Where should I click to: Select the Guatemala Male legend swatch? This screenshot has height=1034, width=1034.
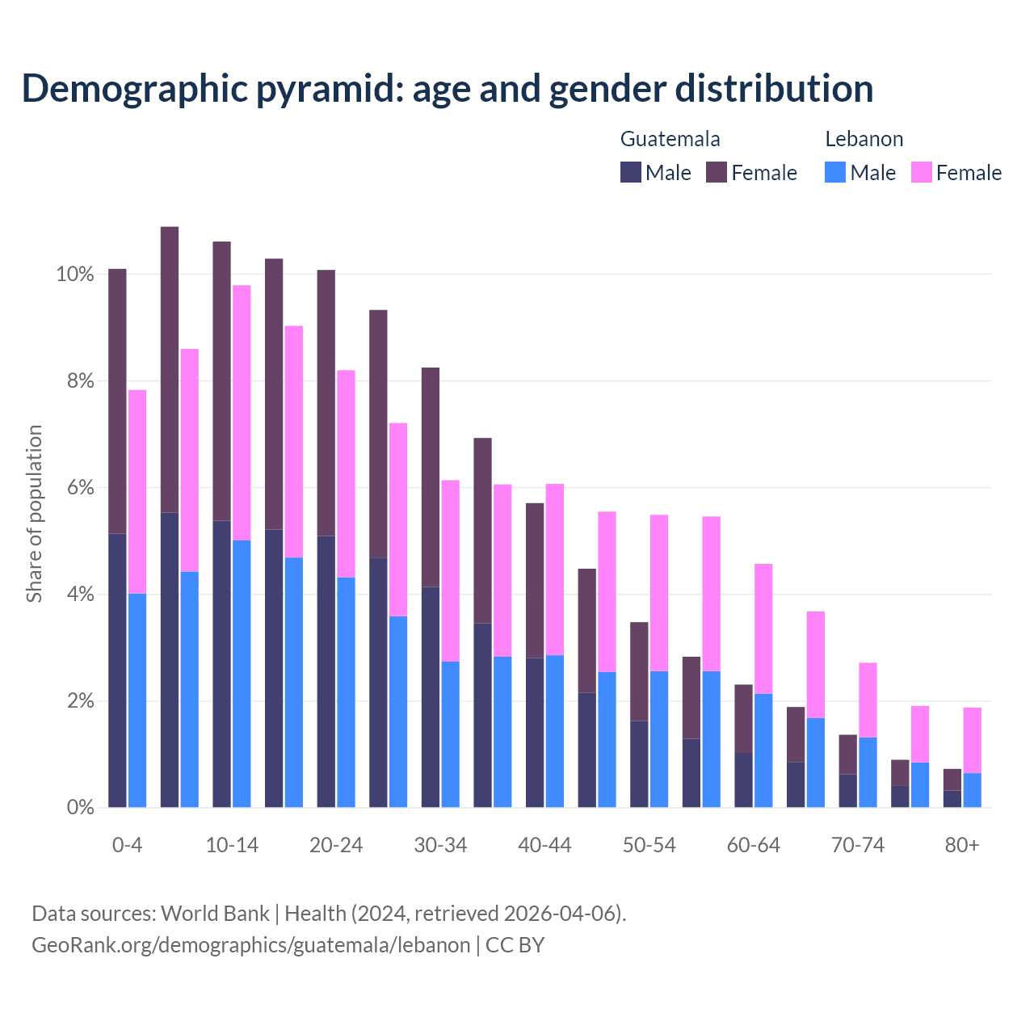pos(630,172)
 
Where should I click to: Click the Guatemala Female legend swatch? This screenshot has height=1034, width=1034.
pos(716,172)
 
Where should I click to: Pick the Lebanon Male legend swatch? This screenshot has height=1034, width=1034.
pos(835,172)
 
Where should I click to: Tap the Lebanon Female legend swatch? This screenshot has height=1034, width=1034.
pos(921,172)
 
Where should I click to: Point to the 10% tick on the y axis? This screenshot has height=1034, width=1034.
pos(75,275)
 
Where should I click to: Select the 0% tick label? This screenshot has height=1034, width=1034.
pos(80,808)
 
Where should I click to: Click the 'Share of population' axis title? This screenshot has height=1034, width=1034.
pos(34,514)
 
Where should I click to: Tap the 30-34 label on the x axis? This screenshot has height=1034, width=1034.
pos(440,846)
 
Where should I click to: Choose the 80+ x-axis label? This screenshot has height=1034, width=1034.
pos(962,846)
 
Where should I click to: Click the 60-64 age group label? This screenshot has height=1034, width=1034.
pos(754,846)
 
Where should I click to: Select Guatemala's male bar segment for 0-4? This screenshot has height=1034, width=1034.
pos(117,670)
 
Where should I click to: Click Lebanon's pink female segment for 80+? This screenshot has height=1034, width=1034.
pos(973,740)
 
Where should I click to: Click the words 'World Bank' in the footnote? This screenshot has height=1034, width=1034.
pos(215,914)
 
